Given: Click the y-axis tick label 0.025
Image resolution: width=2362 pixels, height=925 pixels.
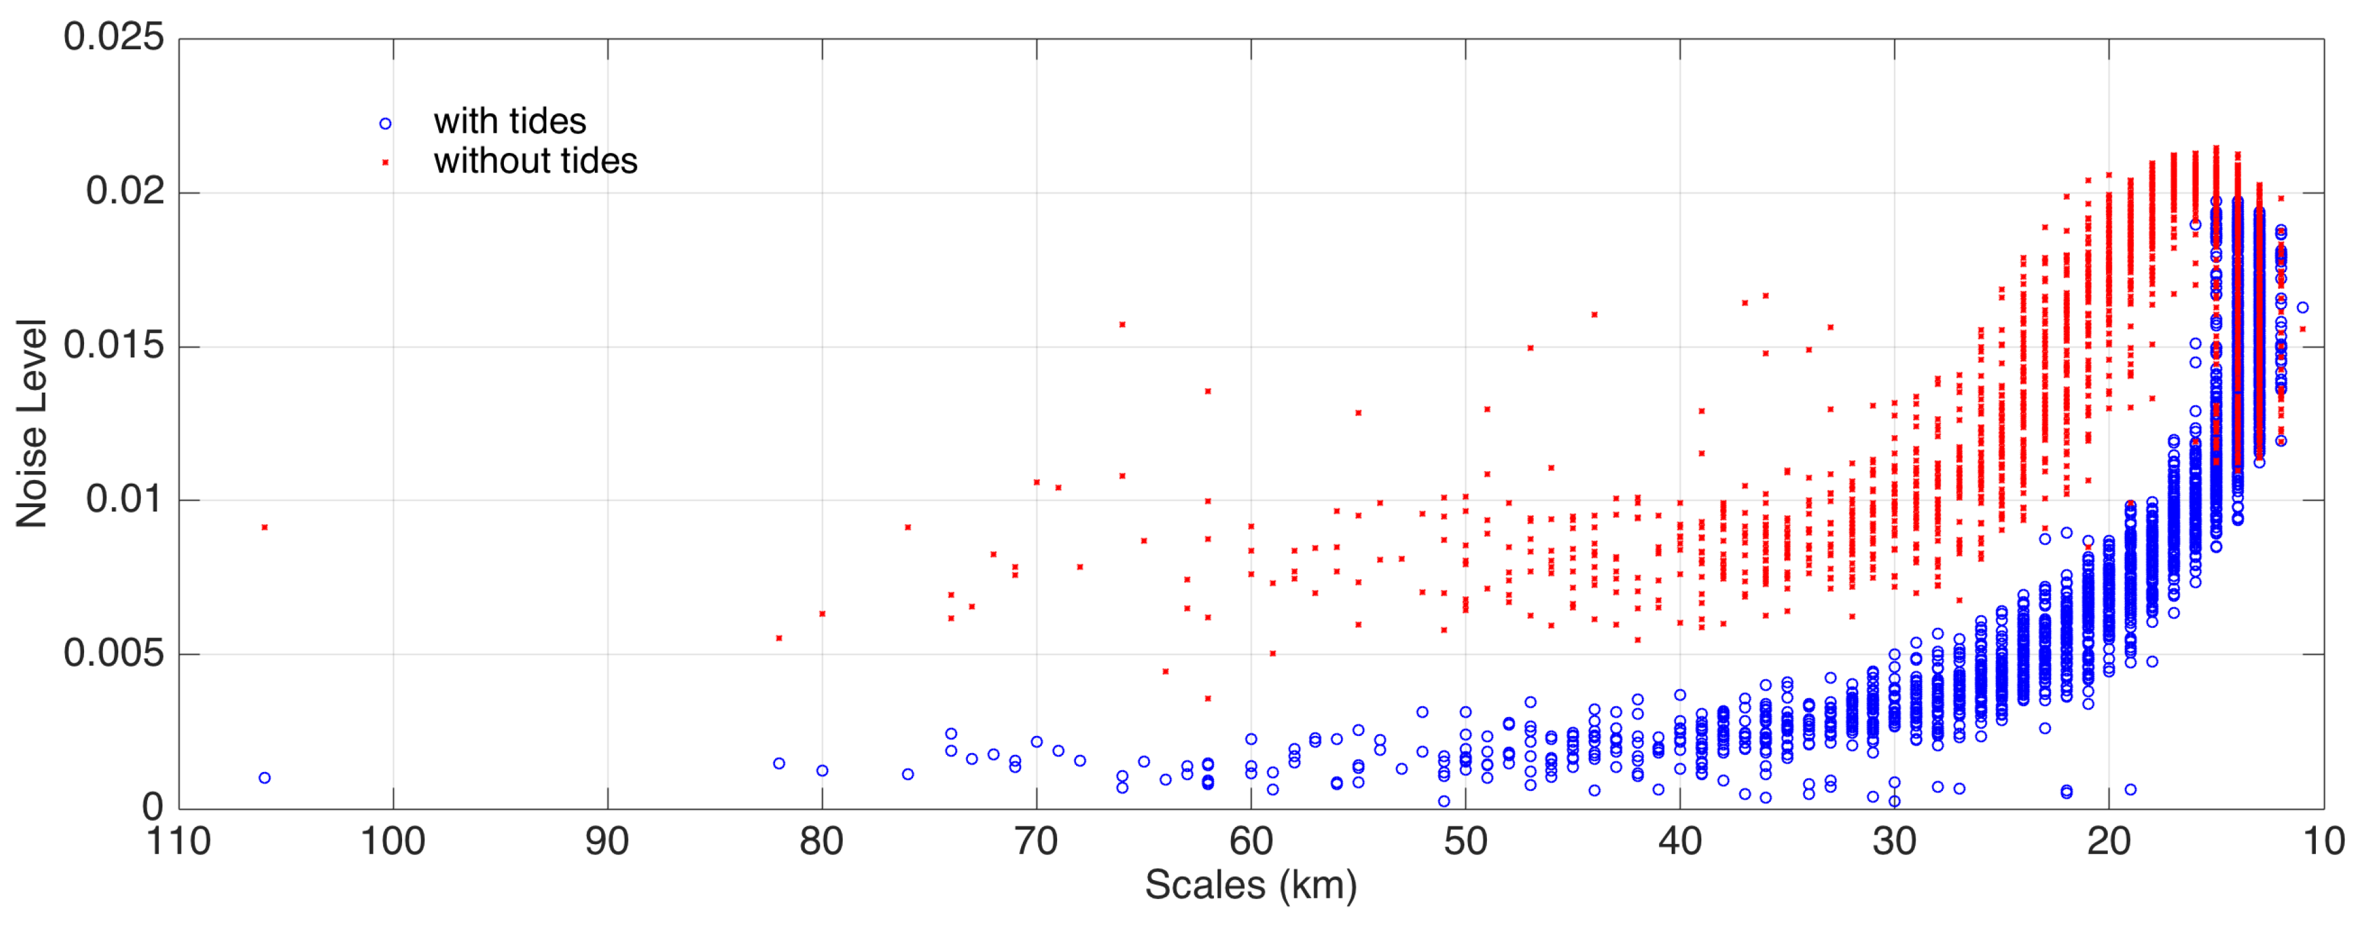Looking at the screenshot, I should click(x=114, y=37).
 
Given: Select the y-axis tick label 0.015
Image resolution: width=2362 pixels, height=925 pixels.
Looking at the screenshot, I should click(x=114, y=346).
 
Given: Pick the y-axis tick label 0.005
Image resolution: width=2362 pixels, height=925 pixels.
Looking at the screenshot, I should click(x=114, y=654).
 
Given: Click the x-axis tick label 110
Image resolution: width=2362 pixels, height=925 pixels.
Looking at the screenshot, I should click(x=179, y=841).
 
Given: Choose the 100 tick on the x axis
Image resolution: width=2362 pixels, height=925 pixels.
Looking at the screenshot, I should click(x=393, y=841).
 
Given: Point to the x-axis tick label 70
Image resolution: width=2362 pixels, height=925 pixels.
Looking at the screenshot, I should click(x=1036, y=841).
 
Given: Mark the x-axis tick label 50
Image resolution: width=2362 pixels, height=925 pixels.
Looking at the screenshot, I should click(x=1466, y=841).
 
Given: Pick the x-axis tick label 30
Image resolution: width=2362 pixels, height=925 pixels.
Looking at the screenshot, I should click(x=1894, y=841).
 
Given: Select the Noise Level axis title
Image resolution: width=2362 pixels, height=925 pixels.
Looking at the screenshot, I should click(x=33, y=424).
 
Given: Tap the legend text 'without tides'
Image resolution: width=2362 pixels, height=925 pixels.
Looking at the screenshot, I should click(x=535, y=161).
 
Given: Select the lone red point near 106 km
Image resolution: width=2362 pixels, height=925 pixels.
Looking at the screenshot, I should click(x=265, y=527).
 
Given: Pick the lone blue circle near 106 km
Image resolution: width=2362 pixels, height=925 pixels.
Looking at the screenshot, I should click(x=265, y=778).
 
